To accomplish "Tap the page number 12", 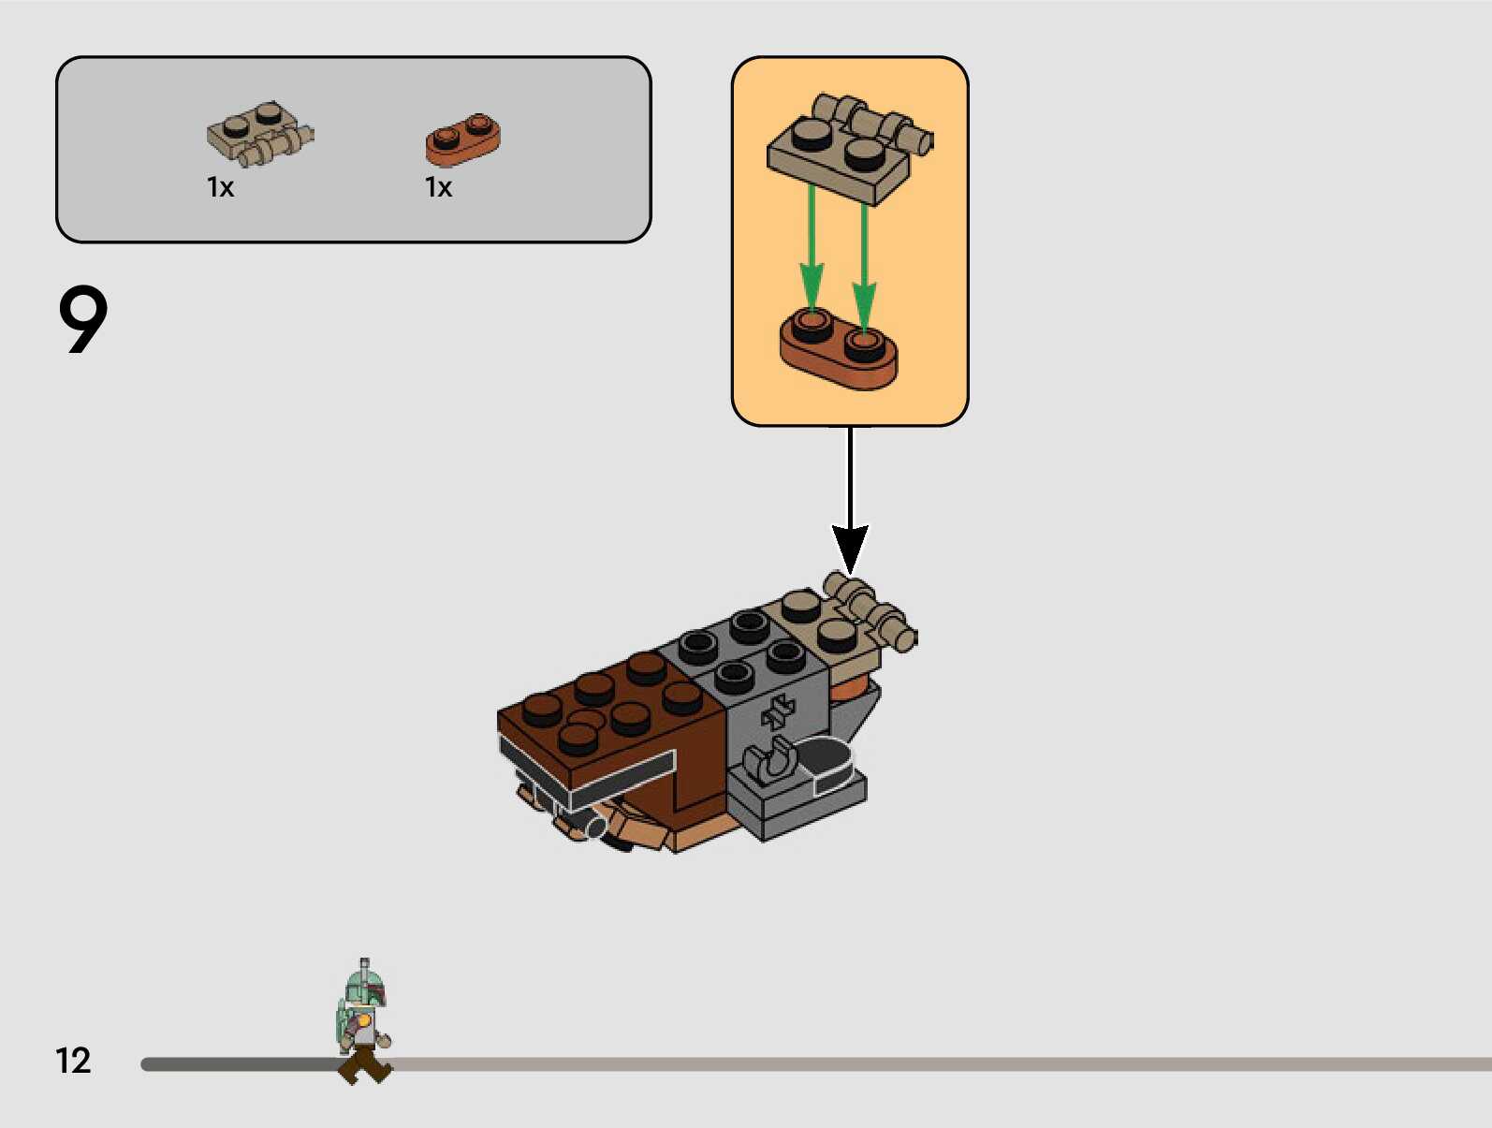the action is pos(73,1061).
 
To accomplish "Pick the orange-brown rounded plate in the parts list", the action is pos(462,139).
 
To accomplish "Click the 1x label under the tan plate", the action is pos(220,188).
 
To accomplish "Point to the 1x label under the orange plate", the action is pos(438,188).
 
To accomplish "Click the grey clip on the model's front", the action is pos(770,760).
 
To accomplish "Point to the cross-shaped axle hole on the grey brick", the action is pos(778,712).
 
